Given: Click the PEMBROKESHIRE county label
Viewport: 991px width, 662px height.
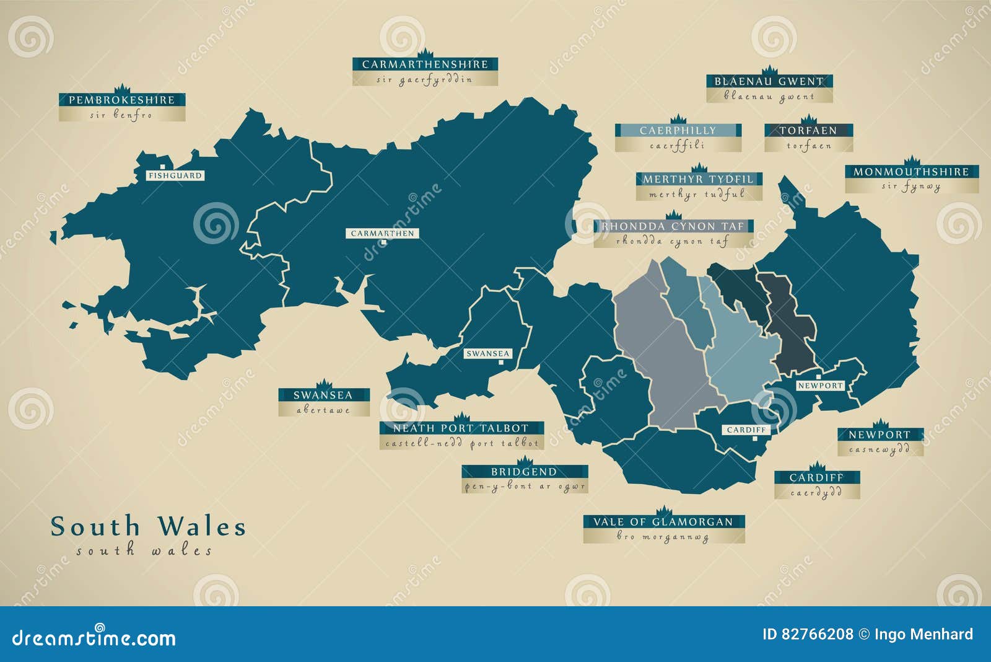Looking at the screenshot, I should [x=122, y=100].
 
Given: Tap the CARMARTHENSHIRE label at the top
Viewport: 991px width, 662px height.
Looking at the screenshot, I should [x=425, y=64].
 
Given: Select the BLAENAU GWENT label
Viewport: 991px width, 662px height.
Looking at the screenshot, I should [x=769, y=81].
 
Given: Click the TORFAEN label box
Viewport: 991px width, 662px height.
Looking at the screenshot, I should [x=808, y=131].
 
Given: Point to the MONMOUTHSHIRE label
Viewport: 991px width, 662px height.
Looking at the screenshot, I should [x=911, y=172].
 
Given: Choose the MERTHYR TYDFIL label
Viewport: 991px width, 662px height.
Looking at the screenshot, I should [x=698, y=179].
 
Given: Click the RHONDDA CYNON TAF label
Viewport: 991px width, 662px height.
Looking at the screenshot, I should [x=673, y=226].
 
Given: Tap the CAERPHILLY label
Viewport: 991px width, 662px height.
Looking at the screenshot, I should [x=678, y=131].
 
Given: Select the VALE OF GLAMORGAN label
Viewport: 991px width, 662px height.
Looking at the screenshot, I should [x=663, y=522].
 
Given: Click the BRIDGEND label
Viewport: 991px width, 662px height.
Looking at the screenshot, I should [x=524, y=472].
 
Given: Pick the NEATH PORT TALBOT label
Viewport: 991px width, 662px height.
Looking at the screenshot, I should [x=461, y=428].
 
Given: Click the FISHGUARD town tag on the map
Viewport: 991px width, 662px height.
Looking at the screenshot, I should [x=175, y=175].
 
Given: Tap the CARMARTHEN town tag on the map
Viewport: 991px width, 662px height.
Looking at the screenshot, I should [x=382, y=234].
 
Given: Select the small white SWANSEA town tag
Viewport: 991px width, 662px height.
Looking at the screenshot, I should [x=488, y=354].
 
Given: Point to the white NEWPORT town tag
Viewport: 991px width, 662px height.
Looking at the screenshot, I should [x=820, y=386].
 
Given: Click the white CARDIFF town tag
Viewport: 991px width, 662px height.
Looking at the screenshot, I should [x=746, y=430].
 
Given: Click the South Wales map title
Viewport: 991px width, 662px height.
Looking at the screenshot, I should [x=148, y=527].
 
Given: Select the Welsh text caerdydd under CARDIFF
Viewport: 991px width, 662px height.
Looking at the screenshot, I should [x=816, y=492].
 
